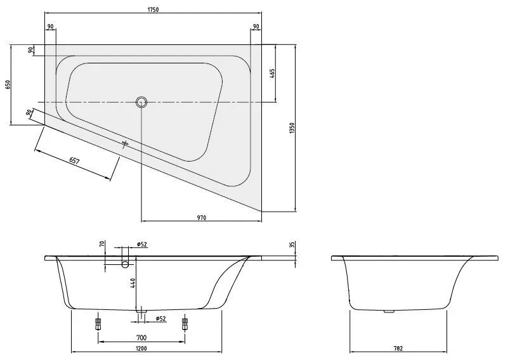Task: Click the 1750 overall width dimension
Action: (x=153, y=10)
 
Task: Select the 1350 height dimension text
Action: (x=292, y=128)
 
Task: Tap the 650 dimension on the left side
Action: (x=8, y=84)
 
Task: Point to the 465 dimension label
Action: (x=272, y=74)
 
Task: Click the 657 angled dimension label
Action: (x=75, y=161)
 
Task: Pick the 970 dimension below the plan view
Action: (x=202, y=218)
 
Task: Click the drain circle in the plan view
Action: (x=141, y=102)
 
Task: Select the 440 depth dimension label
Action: (x=133, y=283)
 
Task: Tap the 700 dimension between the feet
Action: (x=141, y=338)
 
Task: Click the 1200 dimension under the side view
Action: (x=141, y=349)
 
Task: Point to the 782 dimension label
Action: (x=398, y=349)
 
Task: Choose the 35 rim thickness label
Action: (x=292, y=245)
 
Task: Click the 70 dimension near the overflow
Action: (x=102, y=243)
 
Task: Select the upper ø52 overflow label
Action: (x=142, y=245)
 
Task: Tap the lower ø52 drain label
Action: (x=161, y=319)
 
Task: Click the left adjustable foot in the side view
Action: (x=98, y=324)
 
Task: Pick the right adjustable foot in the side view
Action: (x=185, y=324)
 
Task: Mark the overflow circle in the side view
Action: (x=125, y=264)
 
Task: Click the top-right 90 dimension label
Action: (x=256, y=26)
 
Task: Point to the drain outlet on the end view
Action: (x=389, y=311)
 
